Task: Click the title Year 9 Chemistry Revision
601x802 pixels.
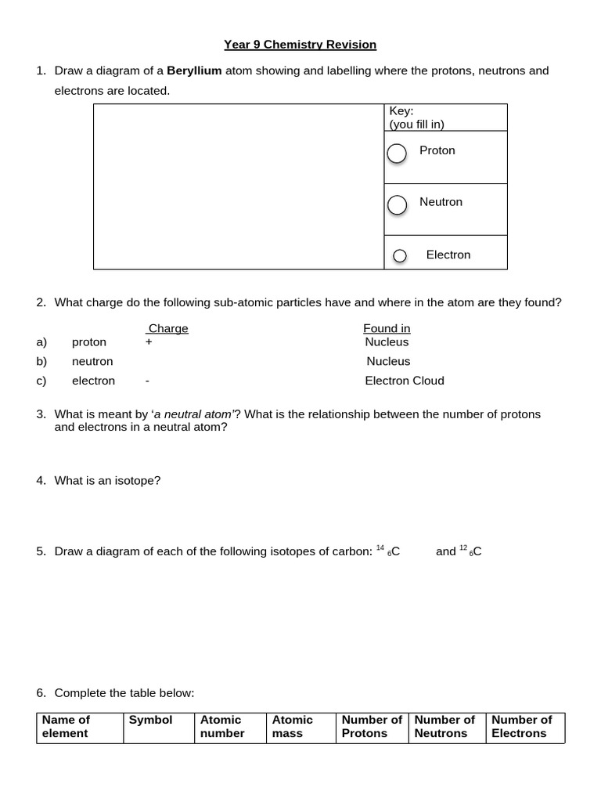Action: [300, 45]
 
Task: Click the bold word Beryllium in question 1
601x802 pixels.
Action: [194, 70]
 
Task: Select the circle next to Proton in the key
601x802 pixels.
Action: [397, 154]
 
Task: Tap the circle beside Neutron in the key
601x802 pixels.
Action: [397, 204]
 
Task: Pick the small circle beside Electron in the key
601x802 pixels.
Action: [400, 255]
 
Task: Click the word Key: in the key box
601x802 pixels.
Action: [401, 111]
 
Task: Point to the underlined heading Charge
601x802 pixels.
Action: [168, 328]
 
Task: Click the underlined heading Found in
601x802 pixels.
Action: [387, 328]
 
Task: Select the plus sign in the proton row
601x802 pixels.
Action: [149, 342]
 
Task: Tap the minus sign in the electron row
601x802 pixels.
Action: [147, 381]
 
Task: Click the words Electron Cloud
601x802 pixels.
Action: [404, 381]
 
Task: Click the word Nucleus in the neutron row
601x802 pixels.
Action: [388, 361]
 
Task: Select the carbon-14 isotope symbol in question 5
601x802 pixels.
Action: [389, 551]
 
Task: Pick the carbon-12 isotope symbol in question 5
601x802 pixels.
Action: [470, 551]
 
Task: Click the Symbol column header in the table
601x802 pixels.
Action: [150, 720]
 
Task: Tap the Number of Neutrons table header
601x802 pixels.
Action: [444, 726]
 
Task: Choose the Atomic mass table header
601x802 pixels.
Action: [292, 726]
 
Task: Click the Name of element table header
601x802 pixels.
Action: [66, 726]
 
